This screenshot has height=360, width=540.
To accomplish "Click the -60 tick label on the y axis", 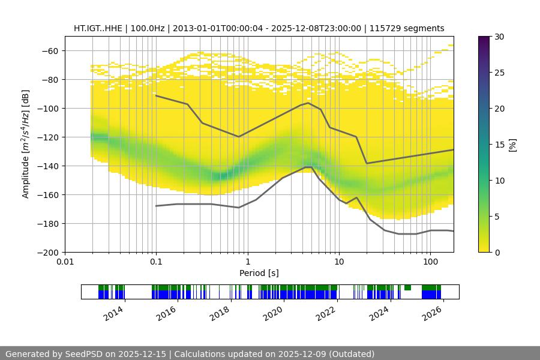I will (49, 50).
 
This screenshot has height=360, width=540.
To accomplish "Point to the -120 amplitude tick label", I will (47, 137).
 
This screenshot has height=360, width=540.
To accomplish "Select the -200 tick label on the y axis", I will (47, 252).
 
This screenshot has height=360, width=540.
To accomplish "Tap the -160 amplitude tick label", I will (47, 194).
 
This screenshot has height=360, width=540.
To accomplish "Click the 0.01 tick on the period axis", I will (65, 262).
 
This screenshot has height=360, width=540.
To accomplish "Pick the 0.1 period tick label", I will (156, 262).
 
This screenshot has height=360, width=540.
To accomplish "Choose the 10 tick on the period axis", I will (338, 262).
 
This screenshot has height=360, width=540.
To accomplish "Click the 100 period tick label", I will (430, 262).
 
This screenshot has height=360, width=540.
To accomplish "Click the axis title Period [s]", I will (259, 273).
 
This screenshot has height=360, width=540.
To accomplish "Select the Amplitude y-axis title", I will (26, 144).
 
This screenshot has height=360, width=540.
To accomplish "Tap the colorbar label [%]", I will (512, 144).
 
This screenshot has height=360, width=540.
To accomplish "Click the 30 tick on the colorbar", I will (499, 37).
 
